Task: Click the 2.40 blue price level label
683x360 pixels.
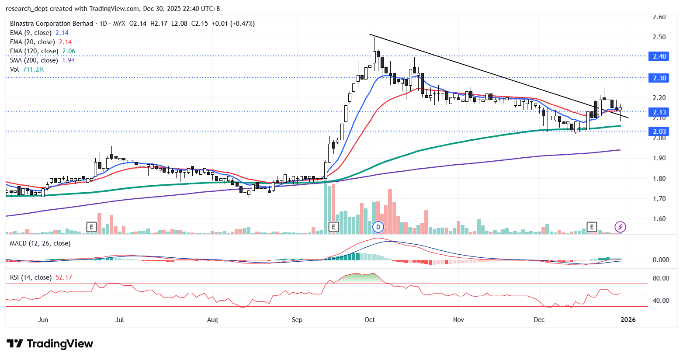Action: coord(659,56)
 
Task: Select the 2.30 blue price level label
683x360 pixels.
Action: coord(659,78)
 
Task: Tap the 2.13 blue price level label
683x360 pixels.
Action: coord(659,112)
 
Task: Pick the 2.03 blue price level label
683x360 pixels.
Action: coord(659,132)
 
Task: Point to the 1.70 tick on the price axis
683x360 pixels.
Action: coord(659,199)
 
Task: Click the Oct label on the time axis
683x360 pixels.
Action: coord(370,320)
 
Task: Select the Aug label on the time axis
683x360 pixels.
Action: coord(212,320)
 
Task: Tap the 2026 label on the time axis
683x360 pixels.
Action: coord(628,320)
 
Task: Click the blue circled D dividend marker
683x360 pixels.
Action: coord(378,227)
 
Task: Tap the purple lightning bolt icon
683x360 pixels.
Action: coord(620,227)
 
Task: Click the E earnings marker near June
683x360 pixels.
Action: coord(91,227)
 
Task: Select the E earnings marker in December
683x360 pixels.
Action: coord(592,227)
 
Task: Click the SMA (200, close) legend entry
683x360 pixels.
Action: coord(42,60)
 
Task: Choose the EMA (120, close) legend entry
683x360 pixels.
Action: coord(42,51)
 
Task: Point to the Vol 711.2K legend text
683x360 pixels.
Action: coord(27,69)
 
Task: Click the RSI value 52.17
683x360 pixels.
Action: coord(64,277)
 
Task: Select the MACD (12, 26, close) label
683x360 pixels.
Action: coord(40,243)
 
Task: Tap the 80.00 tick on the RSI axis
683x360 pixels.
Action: coord(661,278)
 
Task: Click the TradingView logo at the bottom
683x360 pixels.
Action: coord(50,344)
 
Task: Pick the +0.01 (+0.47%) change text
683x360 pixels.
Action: coord(233,24)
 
